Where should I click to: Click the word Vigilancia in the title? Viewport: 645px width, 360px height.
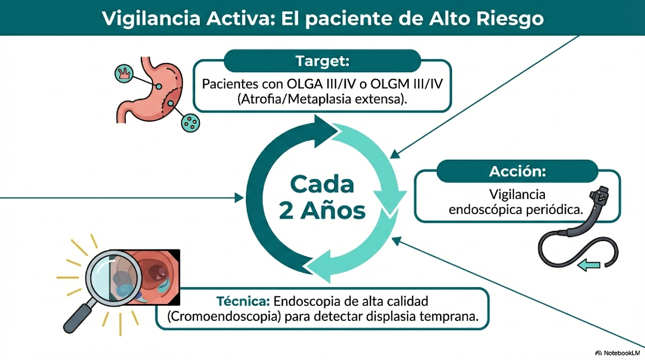(151, 19)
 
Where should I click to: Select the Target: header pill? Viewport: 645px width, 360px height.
(322, 61)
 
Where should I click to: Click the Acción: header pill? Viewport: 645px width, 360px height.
(517, 171)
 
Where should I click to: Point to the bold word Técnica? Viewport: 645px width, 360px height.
(243, 302)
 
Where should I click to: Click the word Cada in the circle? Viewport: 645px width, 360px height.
(322, 185)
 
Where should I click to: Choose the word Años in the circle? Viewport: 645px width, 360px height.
(333, 211)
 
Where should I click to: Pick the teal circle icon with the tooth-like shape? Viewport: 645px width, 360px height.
(124, 74)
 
